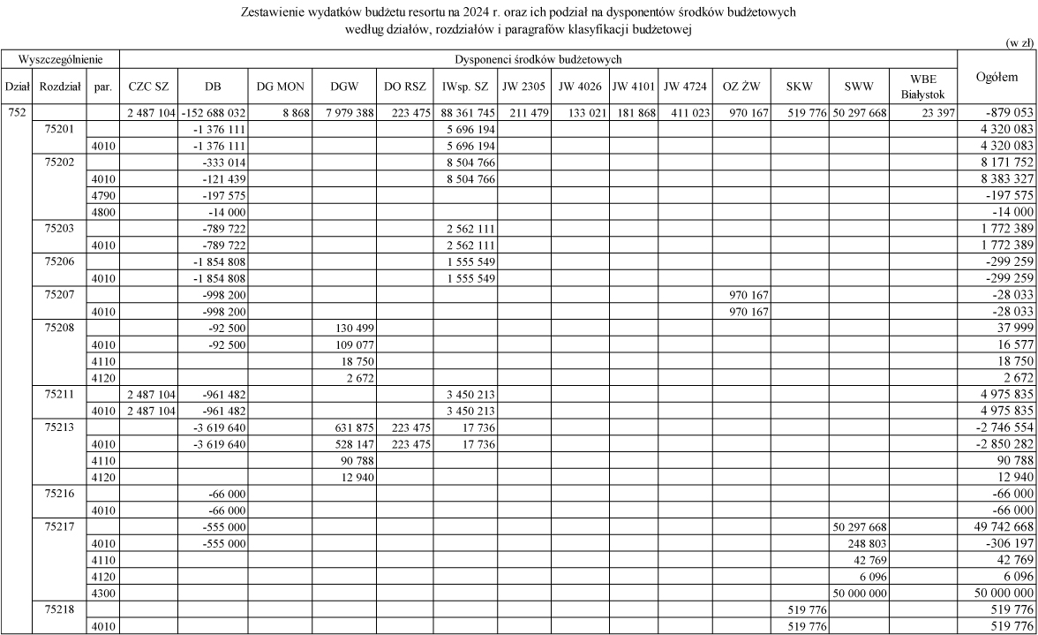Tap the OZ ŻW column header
(741, 87)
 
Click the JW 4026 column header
(578, 87)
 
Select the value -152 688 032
(214, 112)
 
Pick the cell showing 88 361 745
(464, 112)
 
